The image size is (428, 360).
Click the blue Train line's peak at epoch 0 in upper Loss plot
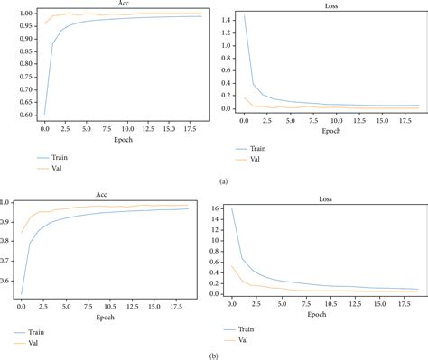(244, 15)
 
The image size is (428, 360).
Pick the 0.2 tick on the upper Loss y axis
(225, 96)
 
